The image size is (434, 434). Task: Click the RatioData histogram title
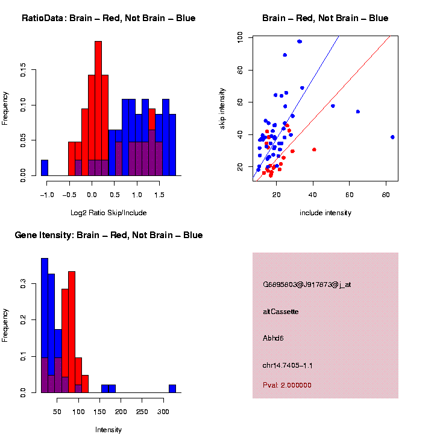click(x=108, y=18)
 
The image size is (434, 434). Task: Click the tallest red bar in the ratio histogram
click(x=98, y=108)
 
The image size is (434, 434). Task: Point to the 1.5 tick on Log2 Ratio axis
click(x=159, y=195)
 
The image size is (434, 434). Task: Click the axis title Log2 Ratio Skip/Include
click(x=108, y=212)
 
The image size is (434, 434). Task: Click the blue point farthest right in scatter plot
click(x=392, y=137)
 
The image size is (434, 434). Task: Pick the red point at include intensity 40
click(x=314, y=149)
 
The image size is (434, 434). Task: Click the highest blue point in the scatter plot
click(x=300, y=42)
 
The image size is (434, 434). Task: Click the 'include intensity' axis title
click(x=325, y=213)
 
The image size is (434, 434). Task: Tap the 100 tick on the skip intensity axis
click(x=241, y=37)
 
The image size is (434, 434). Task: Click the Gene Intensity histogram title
click(x=108, y=235)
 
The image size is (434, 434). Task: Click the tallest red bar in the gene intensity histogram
click(x=72, y=332)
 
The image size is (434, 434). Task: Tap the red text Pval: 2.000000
click(x=287, y=385)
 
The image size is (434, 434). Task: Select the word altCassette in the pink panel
click(x=280, y=312)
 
